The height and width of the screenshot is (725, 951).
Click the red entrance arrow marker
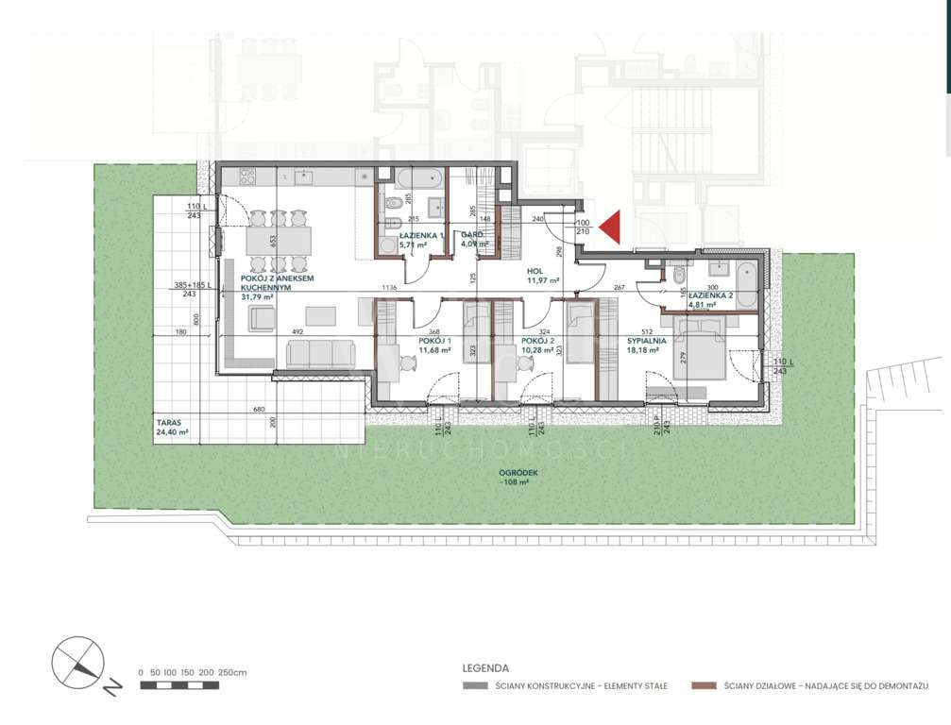point(608,227)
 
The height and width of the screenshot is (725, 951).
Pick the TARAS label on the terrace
point(169,424)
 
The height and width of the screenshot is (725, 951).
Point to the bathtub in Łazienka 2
point(745,282)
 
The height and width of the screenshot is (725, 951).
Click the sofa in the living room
point(321,355)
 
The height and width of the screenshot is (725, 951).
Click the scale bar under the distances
point(179,685)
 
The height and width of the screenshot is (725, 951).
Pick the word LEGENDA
point(485,667)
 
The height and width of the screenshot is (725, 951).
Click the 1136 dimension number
point(388,288)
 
